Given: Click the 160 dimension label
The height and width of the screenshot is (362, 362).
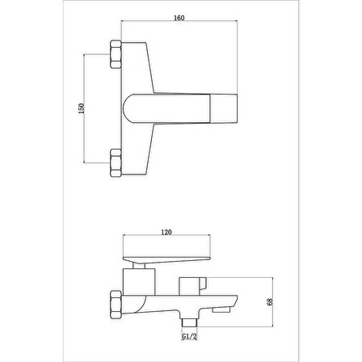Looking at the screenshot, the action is pyautogui.click(x=179, y=18).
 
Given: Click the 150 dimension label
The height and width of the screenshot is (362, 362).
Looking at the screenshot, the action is pyautogui.click(x=82, y=108).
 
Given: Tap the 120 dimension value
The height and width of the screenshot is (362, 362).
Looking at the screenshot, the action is pyautogui.click(x=166, y=232).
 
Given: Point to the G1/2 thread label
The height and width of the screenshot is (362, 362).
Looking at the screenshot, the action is pyautogui.click(x=190, y=336).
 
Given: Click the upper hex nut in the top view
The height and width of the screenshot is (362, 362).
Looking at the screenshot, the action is pyautogui.click(x=116, y=54).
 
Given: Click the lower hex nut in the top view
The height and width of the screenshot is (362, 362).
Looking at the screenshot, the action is pyautogui.click(x=116, y=162).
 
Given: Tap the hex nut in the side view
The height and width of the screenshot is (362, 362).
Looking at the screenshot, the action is pyautogui.click(x=116, y=304).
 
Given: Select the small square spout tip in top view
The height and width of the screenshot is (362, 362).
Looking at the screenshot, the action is pyautogui.click(x=224, y=108).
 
